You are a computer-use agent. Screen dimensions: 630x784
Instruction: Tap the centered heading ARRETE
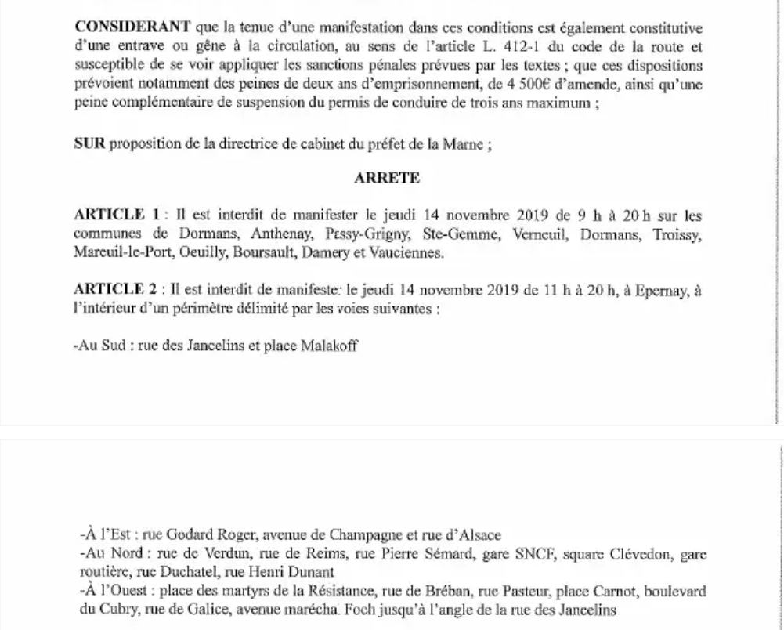click(x=387, y=178)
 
